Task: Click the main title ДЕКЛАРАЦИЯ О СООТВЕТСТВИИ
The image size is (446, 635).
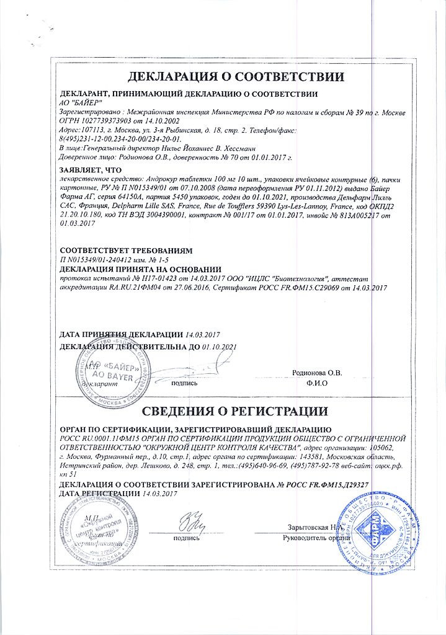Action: point(235,77)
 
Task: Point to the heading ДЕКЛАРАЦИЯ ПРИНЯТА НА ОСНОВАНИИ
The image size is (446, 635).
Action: point(140,269)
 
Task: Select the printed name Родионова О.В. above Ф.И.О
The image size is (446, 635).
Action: point(317,373)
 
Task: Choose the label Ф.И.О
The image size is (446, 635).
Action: point(317,383)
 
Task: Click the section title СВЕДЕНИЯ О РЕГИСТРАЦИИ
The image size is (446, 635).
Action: point(235,411)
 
